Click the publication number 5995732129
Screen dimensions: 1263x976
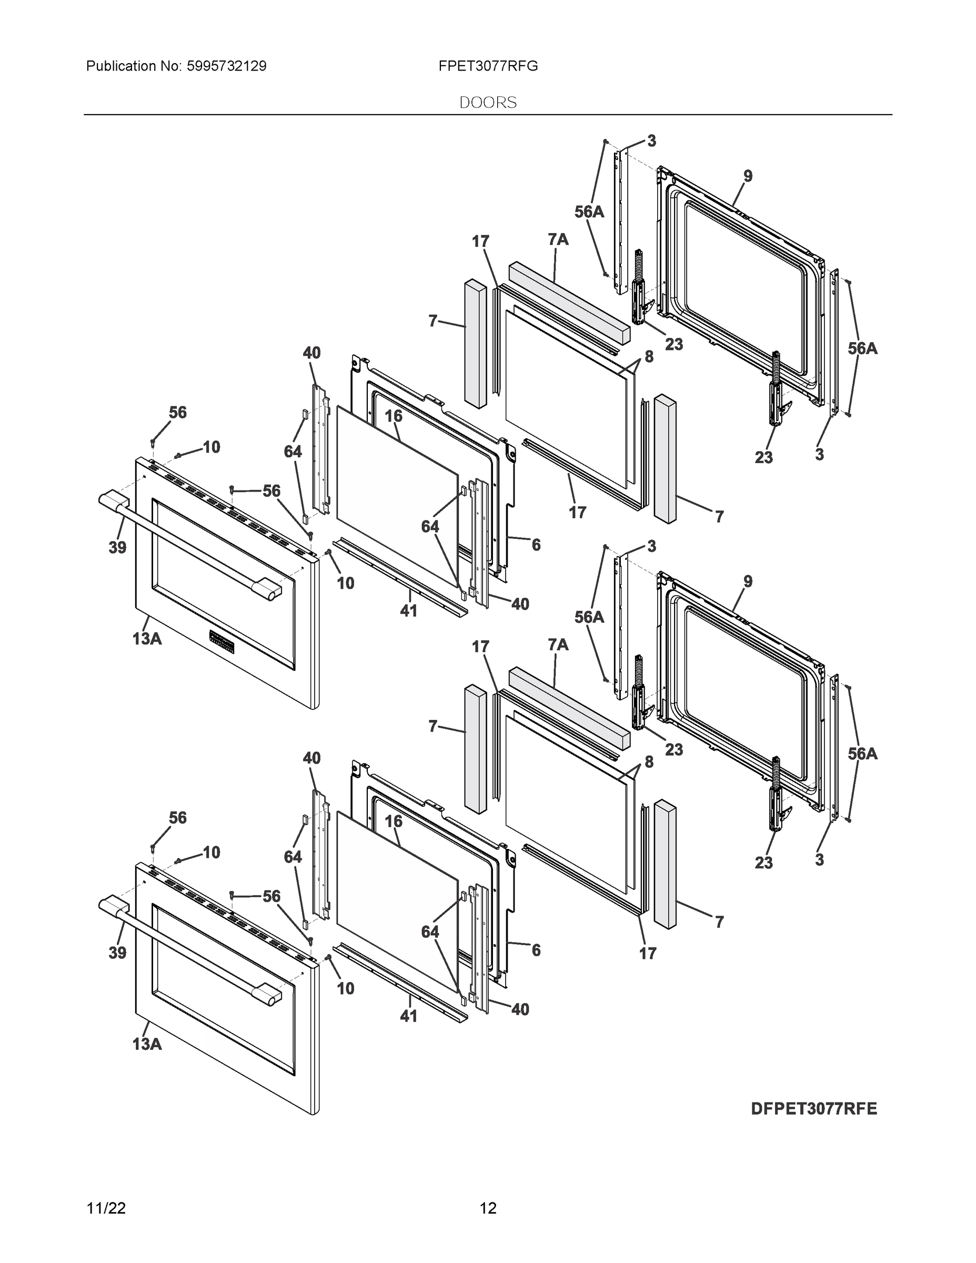click(226, 66)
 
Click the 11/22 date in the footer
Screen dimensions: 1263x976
click(106, 1208)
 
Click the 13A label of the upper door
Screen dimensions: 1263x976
click(146, 638)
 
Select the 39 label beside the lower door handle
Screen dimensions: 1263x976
click(117, 953)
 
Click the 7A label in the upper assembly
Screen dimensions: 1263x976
click(557, 239)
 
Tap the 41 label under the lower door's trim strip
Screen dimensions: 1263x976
click(409, 1016)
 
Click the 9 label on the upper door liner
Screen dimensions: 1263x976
click(748, 176)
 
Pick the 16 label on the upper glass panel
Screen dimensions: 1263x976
click(393, 416)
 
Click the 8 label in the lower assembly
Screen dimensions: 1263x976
click(649, 762)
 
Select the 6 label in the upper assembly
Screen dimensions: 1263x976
click(536, 545)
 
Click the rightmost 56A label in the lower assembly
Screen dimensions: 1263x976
click(862, 754)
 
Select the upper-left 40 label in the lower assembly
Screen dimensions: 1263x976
click(311, 758)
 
